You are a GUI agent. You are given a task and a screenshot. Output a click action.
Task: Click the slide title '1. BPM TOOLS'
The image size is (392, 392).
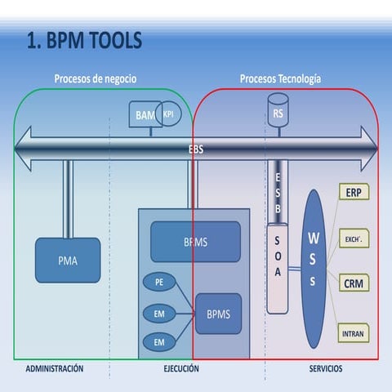point(85,40)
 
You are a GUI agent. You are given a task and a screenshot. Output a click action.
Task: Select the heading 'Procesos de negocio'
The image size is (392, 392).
point(95,79)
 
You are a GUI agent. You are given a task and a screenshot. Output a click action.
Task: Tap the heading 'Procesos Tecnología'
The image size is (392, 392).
point(280,79)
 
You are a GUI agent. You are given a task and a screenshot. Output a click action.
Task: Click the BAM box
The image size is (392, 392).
point(145,116)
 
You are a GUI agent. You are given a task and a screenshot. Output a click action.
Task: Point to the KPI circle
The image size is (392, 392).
point(169,114)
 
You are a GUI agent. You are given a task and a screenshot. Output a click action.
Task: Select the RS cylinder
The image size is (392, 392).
point(278,111)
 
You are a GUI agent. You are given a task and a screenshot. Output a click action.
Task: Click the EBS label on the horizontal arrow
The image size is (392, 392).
point(196,149)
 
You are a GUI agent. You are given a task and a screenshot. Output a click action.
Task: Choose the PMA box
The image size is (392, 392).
point(68,261)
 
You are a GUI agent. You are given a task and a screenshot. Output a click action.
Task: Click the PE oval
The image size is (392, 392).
point(159,283)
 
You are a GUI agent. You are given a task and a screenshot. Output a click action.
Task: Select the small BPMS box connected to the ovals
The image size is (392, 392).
point(218,314)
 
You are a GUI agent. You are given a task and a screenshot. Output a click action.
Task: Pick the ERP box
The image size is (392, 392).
point(353,193)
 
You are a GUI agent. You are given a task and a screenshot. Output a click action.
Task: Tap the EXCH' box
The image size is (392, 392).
point(353,238)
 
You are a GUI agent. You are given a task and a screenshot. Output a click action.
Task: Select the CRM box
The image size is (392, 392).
point(353,283)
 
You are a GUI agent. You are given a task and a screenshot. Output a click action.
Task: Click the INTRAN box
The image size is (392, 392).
point(353,332)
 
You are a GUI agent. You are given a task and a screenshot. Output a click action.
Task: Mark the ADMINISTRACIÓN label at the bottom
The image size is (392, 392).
point(55,369)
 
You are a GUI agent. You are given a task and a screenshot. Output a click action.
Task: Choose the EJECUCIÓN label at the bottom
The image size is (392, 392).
point(181,369)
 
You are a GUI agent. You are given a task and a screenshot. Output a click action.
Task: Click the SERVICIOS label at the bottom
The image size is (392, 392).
point(326,369)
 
